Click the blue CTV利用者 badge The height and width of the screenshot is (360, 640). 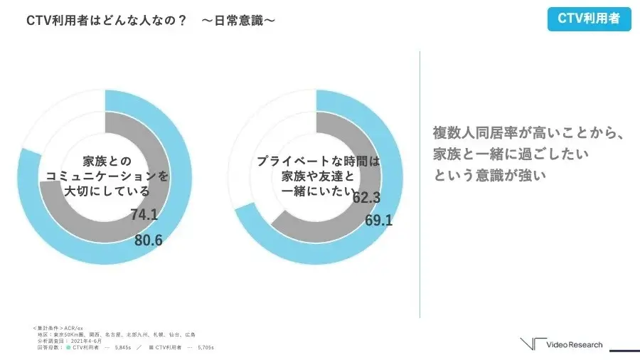[589, 19]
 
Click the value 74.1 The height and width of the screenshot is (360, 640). [144, 215]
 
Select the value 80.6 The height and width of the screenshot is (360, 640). [149, 240]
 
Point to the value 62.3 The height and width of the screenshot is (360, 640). [366, 197]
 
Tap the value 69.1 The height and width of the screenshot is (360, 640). [378, 221]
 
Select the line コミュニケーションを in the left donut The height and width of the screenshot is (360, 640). [107, 176]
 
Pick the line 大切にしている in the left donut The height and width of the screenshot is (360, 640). [107, 191]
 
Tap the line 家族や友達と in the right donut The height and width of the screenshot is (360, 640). [317, 176]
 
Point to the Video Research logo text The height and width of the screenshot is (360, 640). [574, 345]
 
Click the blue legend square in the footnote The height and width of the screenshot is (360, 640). [68, 347]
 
